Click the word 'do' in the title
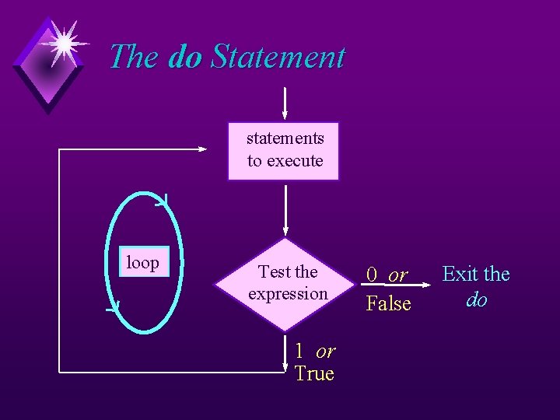click(184, 58)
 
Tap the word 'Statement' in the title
click(278, 58)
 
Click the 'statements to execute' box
click(284, 150)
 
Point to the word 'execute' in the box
click(295, 161)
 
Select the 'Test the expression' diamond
click(287, 282)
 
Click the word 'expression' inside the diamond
click(288, 294)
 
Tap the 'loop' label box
click(142, 263)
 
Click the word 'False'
click(388, 303)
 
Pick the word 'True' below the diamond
click(314, 374)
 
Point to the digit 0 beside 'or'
click(373, 275)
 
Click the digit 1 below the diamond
click(299, 352)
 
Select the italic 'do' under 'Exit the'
click(476, 299)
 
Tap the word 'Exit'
click(459, 274)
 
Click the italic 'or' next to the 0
click(397, 275)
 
